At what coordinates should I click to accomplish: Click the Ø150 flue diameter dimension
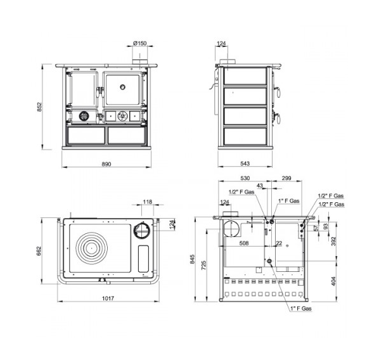point(139,43)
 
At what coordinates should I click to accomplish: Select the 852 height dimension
point(39,107)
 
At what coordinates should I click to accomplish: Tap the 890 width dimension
point(106,164)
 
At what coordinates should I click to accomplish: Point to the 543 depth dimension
point(245,164)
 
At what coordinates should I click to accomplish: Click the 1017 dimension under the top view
point(108,299)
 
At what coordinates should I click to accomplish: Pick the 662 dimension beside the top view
point(39,251)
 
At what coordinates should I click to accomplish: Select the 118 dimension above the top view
point(148,202)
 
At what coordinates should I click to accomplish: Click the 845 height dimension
point(192,259)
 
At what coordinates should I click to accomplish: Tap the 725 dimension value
point(204,265)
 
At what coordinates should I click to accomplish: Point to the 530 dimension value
point(245,178)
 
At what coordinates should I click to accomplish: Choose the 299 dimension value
point(286,178)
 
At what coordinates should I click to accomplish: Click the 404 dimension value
point(333,281)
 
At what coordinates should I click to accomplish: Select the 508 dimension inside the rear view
point(243,243)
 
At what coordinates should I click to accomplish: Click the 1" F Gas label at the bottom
point(301,309)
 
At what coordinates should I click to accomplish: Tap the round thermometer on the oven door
point(123,87)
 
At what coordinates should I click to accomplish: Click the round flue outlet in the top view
point(142,230)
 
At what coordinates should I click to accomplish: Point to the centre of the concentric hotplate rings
point(92,248)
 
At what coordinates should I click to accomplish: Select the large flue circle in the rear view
point(231,229)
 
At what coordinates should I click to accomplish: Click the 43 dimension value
point(260,186)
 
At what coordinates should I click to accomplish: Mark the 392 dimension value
point(333,241)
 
